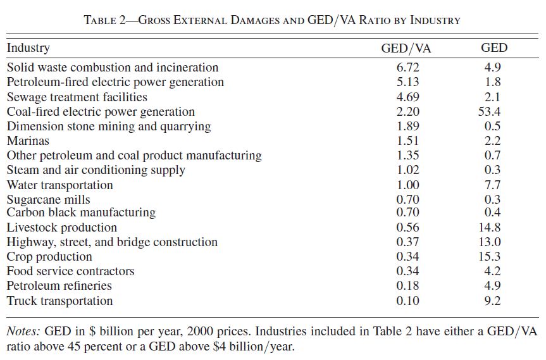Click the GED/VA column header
(407, 48)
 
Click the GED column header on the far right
(494, 48)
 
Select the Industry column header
(28, 48)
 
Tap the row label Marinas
(28, 140)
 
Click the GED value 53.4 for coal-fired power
(492, 111)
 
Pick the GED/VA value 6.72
(407, 68)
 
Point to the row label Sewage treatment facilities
(77, 97)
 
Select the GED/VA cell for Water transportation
(407, 185)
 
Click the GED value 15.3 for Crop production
(492, 256)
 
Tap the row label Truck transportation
(59, 301)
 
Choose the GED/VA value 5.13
(407, 82)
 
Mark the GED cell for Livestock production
(492, 227)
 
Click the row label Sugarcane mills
(48, 200)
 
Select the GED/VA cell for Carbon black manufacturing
(407, 212)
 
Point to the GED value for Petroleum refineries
(492, 286)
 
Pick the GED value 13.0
(492, 242)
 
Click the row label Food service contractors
(70, 271)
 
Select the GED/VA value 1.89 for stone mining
(407, 126)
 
